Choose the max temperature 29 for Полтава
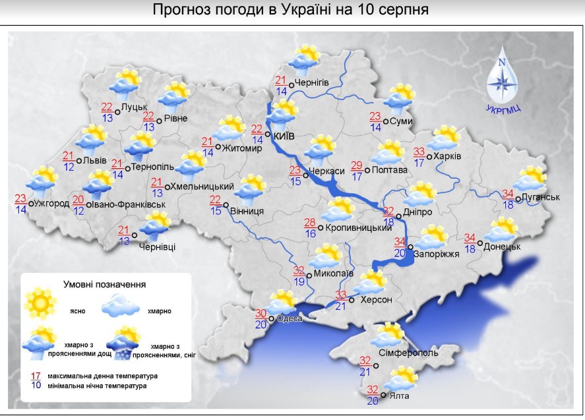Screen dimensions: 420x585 [356, 165]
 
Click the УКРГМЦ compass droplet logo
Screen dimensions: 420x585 [501, 76]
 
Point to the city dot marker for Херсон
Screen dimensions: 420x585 [352, 300]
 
